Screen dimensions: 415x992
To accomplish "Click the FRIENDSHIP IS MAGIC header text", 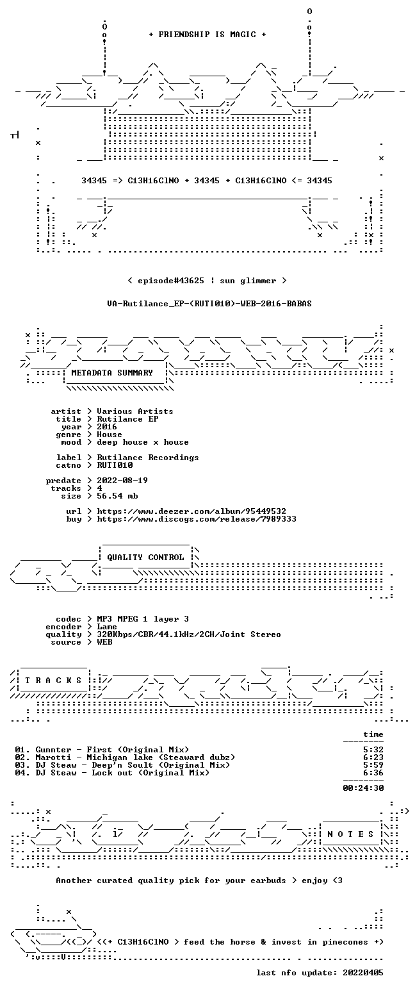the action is click(207, 35).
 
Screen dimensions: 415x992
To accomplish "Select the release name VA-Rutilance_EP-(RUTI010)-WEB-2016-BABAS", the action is click(209, 304).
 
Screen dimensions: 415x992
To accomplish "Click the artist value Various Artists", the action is click(135, 411).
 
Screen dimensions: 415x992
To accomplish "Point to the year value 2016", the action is click(107, 427).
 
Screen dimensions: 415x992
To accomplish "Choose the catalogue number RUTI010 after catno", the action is click(115, 465).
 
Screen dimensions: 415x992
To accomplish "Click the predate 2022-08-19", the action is click(122, 481).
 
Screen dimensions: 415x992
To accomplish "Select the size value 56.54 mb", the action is click(117, 496).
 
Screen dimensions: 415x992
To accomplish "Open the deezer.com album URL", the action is click(191, 511).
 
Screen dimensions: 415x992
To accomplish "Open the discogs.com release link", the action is click(197, 519).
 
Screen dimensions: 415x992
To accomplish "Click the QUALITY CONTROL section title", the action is click(145, 558).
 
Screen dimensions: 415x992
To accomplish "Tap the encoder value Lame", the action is click(107, 627).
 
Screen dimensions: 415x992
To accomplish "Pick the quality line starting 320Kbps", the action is click(189, 634).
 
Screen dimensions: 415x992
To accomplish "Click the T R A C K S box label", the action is click(54, 681).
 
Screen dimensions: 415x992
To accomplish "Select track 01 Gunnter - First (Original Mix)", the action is click(102, 750).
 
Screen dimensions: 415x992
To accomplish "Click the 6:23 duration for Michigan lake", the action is click(373, 757).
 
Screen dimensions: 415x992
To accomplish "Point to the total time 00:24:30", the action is click(363, 788).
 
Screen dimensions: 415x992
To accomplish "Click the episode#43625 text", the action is click(171, 281).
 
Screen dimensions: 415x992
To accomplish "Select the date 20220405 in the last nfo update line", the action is click(363, 973).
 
